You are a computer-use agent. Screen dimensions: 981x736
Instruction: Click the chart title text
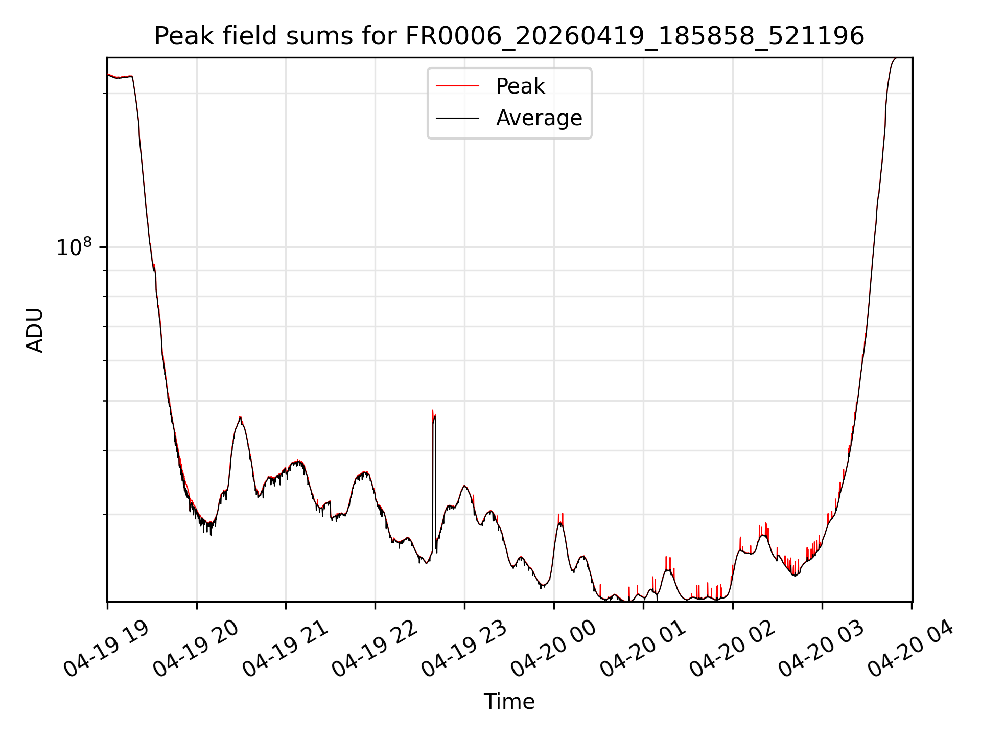tap(509, 36)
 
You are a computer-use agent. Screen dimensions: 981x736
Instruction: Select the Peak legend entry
tap(491, 86)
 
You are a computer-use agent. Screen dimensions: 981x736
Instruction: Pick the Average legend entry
tap(509, 118)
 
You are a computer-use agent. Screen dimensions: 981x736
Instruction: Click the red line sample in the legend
tap(457, 86)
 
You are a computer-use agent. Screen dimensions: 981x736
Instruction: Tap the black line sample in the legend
tap(457, 118)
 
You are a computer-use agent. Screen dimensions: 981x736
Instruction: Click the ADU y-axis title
tap(35, 330)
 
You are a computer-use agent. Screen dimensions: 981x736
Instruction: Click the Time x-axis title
tap(509, 702)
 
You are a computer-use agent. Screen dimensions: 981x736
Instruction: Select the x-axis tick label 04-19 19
tap(106, 649)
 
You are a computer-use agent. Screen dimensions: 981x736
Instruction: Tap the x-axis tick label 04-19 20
tap(196, 649)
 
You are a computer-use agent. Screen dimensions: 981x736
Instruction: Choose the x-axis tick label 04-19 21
tap(285, 649)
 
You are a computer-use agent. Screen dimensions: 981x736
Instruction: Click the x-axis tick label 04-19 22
tap(375, 649)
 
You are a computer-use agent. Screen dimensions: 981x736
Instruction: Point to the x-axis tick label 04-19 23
tap(464, 649)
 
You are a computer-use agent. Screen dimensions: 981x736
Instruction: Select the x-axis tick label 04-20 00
tap(553, 649)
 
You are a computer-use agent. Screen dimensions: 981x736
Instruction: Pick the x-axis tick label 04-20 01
tap(643, 649)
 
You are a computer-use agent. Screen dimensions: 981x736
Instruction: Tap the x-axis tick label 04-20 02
tap(732, 649)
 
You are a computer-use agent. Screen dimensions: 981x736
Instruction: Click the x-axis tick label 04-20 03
tap(822, 649)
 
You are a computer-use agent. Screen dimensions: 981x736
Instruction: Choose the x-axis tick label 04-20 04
tap(911, 649)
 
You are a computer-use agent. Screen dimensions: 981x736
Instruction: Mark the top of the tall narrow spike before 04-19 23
tap(433, 410)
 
